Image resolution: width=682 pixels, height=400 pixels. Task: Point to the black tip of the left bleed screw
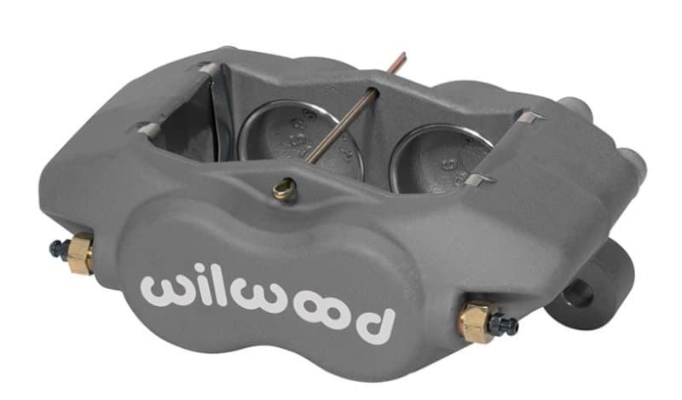56,248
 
